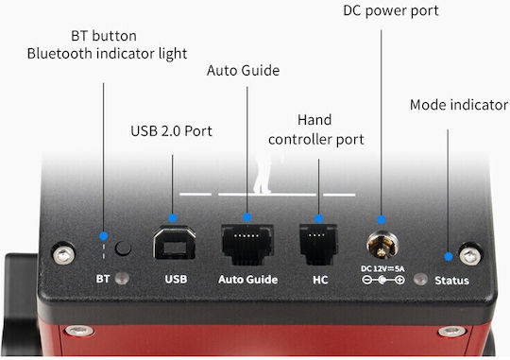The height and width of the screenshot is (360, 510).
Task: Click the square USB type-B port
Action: click(x=175, y=243)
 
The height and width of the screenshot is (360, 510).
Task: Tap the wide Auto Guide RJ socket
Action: click(x=247, y=244)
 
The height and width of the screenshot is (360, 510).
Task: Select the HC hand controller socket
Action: click(x=318, y=245)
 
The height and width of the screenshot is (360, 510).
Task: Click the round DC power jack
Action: click(x=382, y=245)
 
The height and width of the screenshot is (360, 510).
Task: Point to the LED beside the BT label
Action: click(x=122, y=279)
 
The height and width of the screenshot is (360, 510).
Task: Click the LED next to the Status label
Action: click(x=420, y=280)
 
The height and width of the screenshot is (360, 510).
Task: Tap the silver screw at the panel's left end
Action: click(x=64, y=253)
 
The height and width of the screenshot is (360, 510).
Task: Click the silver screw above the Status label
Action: click(x=470, y=254)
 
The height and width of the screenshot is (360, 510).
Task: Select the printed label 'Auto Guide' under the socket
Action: click(x=248, y=280)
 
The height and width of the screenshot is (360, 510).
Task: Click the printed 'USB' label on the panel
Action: click(x=176, y=280)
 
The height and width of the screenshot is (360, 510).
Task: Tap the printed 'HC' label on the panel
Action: click(x=320, y=280)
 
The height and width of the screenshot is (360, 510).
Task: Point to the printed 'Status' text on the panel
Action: click(x=451, y=281)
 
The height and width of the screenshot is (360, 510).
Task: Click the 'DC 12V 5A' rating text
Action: click(x=382, y=269)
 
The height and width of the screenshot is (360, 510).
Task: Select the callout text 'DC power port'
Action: click(x=391, y=11)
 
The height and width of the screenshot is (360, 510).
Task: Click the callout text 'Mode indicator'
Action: click(x=459, y=105)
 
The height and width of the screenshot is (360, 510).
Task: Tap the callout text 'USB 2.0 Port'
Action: click(x=171, y=131)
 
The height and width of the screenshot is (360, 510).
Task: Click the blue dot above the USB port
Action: click(x=173, y=217)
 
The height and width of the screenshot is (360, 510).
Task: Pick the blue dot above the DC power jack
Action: click(x=382, y=220)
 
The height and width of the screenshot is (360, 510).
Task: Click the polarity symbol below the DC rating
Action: click(x=383, y=280)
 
